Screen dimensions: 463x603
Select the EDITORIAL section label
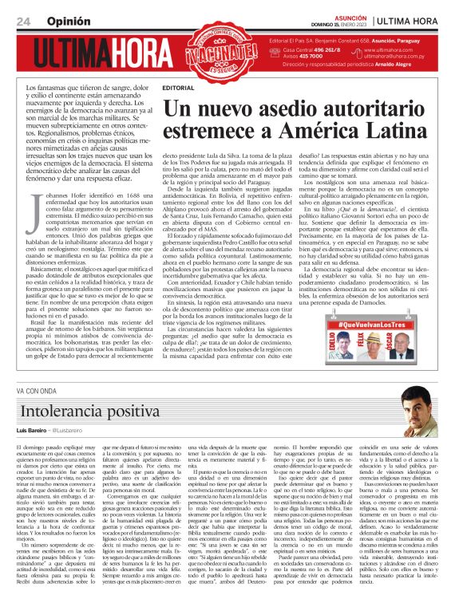point(177,86)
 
